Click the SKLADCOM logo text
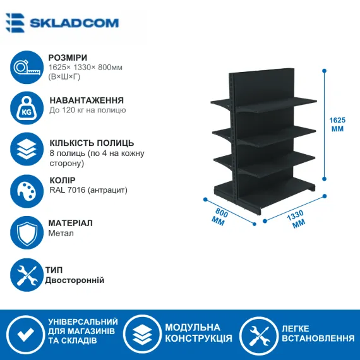[x=74, y=23]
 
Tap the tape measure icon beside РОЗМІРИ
[x=27, y=68]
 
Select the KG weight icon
[x=27, y=108]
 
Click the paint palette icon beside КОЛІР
[x=27, y=191]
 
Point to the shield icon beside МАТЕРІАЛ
[x=27, y=232]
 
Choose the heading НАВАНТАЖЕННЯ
[x=87, y=100]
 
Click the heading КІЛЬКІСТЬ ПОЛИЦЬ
[x=92, y=143]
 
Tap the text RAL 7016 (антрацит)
[x=88, y=190]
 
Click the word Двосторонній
[x=75, y=280]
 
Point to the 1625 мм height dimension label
[x=337, y=124]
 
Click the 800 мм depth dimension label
[x=220, y=217]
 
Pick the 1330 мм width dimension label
[x=297, y=219]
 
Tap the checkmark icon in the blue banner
[x=26, y=334]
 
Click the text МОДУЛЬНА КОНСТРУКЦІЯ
[x=198, y=333]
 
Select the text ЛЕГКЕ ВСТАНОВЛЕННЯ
[x=318, y=333]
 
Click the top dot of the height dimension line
[x=324, y=71]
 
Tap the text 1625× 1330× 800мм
[x=85, y=68]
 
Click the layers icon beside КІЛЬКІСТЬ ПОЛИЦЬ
[x=27, y=149]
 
